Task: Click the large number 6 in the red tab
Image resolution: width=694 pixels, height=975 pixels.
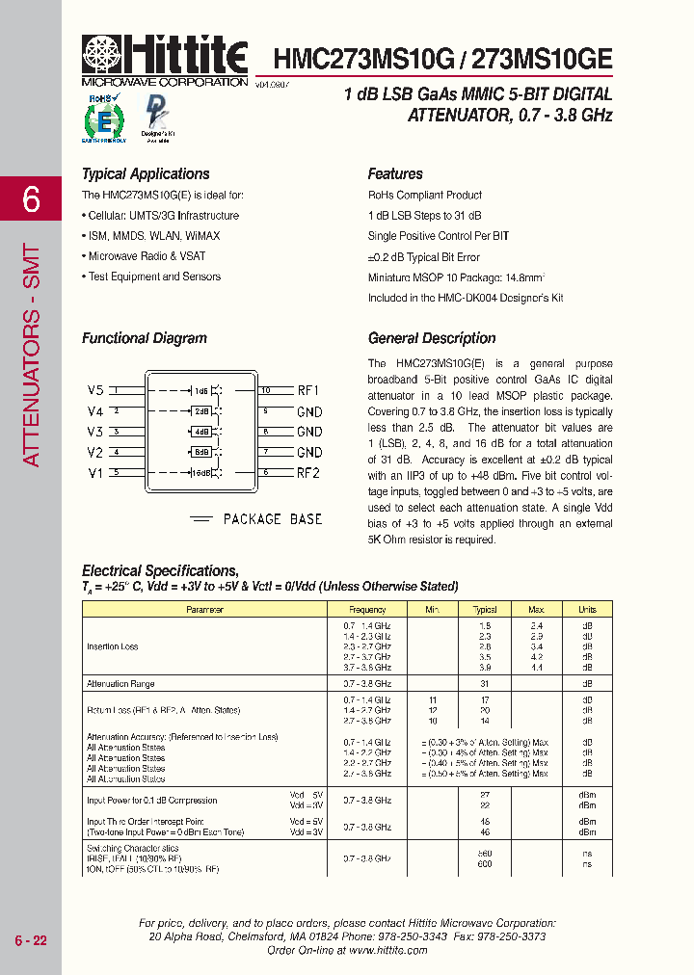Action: pyautogui.click(x=32, y=201)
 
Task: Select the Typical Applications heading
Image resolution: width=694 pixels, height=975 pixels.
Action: pyautogui.click(x=146, y=174)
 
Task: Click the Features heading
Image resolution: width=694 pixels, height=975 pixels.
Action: pyautogui.click(x=395, y=174)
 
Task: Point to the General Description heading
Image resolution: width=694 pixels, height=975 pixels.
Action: pyautogui.click(x=432, y=338)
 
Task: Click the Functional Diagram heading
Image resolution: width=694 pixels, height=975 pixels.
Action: pyautogui.click(x=145, y=338)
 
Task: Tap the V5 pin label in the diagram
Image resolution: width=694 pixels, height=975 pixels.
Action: pyautogui.click(x=94, y=390)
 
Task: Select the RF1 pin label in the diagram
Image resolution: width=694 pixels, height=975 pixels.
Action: pyautogui.click(x=308, y=390)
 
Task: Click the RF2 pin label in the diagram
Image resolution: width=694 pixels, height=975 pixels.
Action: pyautogui.click(x=308, y=472)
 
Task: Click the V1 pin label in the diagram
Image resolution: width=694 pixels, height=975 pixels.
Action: pyautogui.click(x=94, y=472)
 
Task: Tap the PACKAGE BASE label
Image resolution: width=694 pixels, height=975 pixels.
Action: pyautogui.click(x=273, y=519)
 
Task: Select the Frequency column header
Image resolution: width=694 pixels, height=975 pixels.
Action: pyautogui.click(x=367, y=610)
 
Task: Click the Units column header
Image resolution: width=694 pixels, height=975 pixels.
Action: pyautogui.click(x=587, y=610)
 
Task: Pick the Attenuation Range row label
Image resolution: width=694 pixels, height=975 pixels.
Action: pyautogui.click(x=120, y=684)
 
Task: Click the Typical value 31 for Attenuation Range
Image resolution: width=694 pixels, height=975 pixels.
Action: pyautogui.click(x=485, y=684)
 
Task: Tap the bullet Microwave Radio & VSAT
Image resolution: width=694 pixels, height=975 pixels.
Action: pyautogui.click(x=147, y=256)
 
